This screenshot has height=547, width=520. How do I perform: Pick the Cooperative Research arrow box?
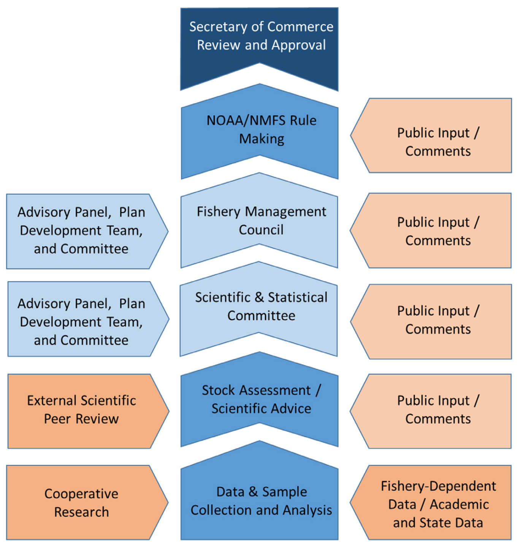87,503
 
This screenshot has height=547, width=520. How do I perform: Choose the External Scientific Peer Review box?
88,411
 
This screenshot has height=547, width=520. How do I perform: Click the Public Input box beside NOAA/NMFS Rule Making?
431,135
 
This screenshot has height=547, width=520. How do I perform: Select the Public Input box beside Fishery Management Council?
430,231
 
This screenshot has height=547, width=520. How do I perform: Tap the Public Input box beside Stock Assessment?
430,411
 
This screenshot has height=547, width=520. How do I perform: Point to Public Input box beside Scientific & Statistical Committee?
431,322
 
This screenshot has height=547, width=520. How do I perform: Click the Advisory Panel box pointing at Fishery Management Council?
87,231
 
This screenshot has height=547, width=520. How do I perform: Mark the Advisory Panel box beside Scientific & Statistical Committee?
88,319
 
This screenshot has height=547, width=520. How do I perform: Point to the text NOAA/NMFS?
246,121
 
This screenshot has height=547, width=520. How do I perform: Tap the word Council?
261,229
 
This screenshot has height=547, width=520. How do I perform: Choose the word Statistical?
298,297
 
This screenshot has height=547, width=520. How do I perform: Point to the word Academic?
460,504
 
